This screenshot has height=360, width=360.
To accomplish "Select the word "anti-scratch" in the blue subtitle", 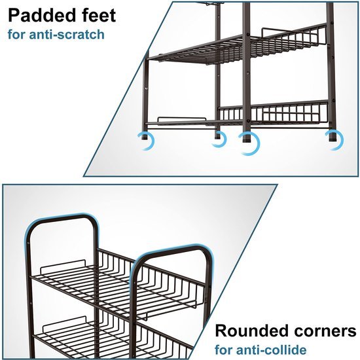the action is tap(67, 35).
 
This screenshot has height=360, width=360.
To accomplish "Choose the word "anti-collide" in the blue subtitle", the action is tap(271, 350).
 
